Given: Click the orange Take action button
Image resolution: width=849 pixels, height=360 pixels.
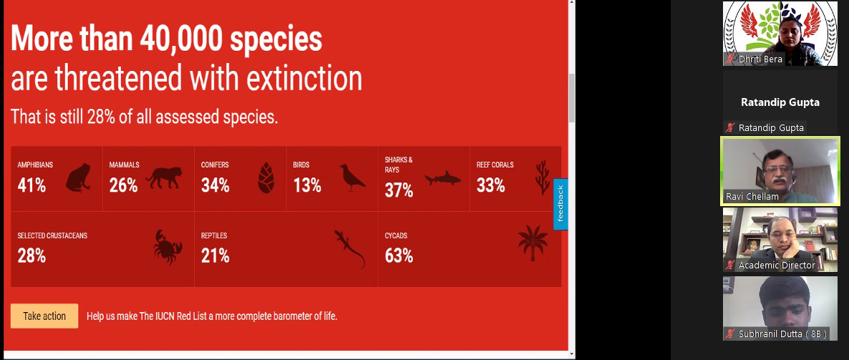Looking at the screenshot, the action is pos(44,316).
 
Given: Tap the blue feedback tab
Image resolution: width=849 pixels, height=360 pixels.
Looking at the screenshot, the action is pos(561,204).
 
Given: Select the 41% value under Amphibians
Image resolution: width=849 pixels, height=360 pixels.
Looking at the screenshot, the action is pos(31,185).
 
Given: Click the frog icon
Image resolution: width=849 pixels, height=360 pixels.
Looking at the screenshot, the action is pos(79,177).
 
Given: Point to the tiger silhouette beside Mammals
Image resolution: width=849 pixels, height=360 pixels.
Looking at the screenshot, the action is pos(163,177).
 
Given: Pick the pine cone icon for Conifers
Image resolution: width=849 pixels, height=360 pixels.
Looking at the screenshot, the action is pos(266,177).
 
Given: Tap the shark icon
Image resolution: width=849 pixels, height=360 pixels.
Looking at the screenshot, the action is pos(442,178).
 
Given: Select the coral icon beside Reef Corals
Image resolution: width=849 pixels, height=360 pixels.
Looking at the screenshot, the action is pos(542,177).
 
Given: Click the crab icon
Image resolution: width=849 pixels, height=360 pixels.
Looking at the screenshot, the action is pos(168,247).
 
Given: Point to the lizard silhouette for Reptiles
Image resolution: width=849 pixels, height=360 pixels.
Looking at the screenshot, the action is pos(350,249).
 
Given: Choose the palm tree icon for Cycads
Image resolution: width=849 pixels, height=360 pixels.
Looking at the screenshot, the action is pos(533,243).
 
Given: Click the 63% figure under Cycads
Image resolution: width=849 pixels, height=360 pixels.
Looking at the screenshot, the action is pos(399,256).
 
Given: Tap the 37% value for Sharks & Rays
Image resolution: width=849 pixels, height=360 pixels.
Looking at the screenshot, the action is pos(399,190).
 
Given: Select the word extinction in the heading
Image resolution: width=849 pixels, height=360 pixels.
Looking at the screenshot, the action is pos(304,79).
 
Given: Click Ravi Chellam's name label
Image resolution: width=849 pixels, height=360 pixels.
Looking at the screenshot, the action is pos(752,197).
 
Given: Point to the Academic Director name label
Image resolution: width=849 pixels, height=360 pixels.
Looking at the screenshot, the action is pos(777,266).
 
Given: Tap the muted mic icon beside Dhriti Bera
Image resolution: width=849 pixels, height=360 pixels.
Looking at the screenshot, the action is pos(731,59).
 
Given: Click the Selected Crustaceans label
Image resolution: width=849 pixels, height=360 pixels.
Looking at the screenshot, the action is pos(52,236).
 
